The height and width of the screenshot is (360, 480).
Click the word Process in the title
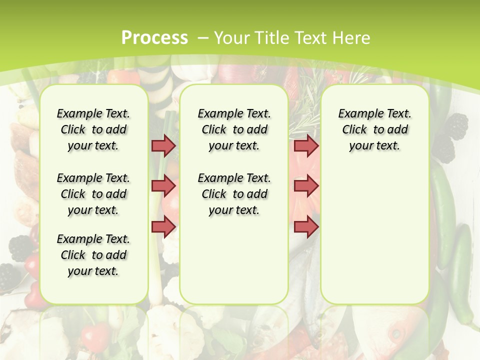pyautogui.click(x=155, y=37)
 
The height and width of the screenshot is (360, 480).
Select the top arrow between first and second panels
pyautogui.click(x=163, y=145)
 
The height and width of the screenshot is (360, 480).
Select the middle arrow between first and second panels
pyautogui.click(x=163, y=186)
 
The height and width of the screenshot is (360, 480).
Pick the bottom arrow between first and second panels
pyautogui.click(x=163, y=226)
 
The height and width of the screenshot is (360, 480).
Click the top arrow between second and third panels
pyautogui.click(x=306, y=145)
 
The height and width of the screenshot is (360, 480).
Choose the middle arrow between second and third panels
pyautogui.click(x=306, y=186)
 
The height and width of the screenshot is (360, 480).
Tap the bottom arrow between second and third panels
pyautogui.click(x=306, y=226)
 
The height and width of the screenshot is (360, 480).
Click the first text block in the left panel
pyautogui.click(x=93, y=129)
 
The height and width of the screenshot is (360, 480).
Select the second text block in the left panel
pyautogui.click(x=93, y=194)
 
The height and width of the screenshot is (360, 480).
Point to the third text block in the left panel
pyautogui.click(x=93, y=255)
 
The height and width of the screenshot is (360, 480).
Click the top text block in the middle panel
pyautogui.click(x=234, y=129)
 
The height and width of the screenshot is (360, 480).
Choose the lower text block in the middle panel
pyautogui.click(x=234, y=194)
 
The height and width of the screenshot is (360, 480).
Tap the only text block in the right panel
pyautogui.click(x=375, y=129)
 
